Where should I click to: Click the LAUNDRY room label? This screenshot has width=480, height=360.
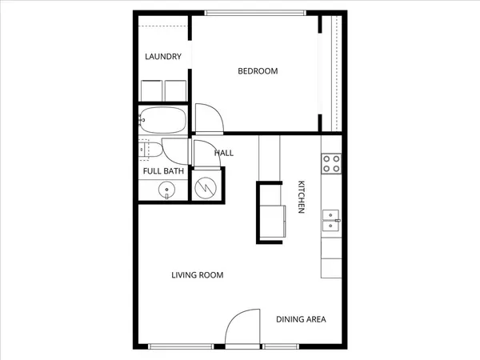[163, 57]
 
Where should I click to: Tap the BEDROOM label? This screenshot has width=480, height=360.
[258, 71]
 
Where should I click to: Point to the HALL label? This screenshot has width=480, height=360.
[224, 152]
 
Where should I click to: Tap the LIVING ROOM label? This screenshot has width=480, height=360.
[197, 275]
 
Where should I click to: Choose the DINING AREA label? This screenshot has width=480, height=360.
[301, 320]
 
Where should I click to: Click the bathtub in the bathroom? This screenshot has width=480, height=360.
[162, 122]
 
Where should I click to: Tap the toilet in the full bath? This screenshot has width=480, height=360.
[149, 149]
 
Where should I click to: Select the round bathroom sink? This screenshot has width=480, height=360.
[166, 190]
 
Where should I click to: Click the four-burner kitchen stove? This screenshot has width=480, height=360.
[331, 164]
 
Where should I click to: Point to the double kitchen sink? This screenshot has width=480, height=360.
[330, 219]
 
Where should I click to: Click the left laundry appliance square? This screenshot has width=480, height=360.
[151, 90]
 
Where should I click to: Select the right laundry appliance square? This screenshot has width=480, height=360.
[175, 90]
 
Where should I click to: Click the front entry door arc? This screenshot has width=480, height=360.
[242, 328]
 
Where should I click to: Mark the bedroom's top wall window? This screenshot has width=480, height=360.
[254, 12]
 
